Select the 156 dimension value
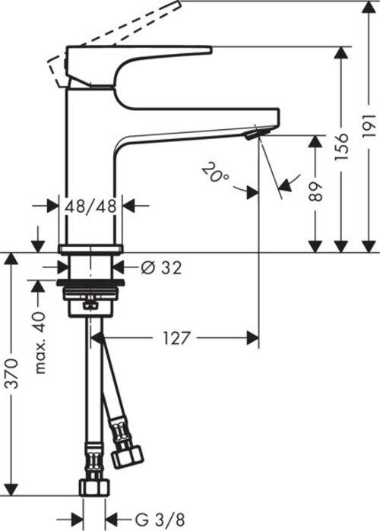pyautogui.click(x=343, y=147)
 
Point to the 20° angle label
pyautogui.click(x=216, y=172)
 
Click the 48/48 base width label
pyautogui.click(x=90, y=205)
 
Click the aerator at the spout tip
pyautogui.click(x=256, y=134)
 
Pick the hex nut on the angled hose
pyautogui.click(x=126, y=454)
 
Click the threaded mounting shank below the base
pyautogui.click(x=91, y=292)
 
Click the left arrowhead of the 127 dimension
pyautogui.click(x=97, y=337)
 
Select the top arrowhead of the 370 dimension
pyautogui.click(x=11, y=258)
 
